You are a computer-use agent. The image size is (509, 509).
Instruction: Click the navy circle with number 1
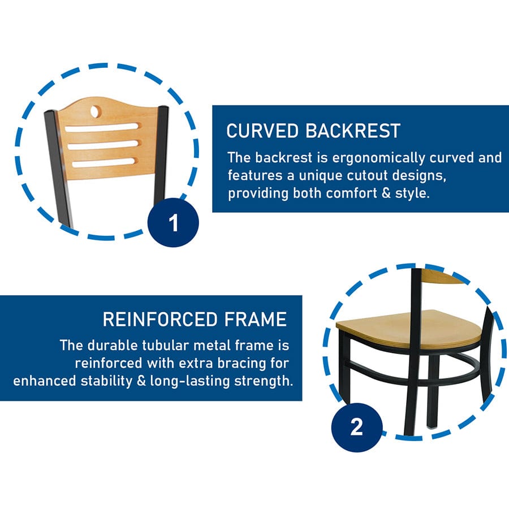[173, 223]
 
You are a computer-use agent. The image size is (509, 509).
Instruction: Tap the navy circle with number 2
[357, 427]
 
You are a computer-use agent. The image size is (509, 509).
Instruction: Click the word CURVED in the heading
[262, 131]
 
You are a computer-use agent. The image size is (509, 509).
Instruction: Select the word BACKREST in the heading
[352, 131]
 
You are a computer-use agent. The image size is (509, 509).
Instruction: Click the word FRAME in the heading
[256, 319]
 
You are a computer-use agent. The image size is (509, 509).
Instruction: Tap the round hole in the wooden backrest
[95, 111]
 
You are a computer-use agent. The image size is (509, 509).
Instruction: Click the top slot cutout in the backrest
[102, 127]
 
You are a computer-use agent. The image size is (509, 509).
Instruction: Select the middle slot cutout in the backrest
[103, 145]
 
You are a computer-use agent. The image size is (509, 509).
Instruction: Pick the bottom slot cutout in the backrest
[103, 162]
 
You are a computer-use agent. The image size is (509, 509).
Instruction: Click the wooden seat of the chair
[408, 329]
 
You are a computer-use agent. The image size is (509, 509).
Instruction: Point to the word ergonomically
[378, 158]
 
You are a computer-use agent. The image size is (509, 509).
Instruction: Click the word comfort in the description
[351, 193]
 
